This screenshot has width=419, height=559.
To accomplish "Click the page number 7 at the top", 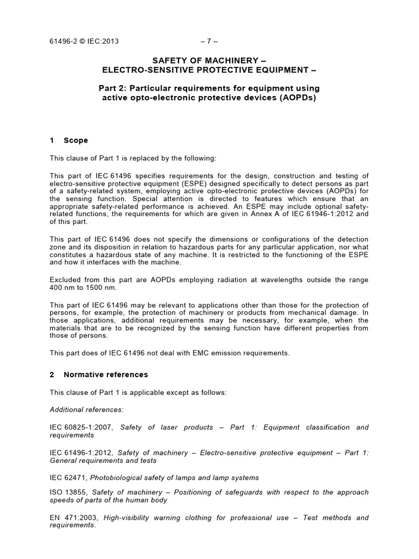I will tap(209, 41).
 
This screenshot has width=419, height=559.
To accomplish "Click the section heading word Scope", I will tap(75, 140).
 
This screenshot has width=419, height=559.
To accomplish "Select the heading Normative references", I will tap(105, 374).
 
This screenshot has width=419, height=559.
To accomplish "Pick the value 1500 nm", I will tap(94, 288).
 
